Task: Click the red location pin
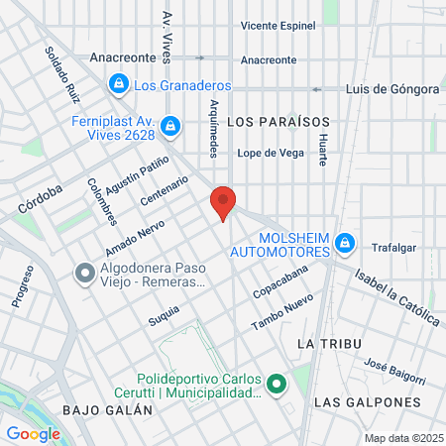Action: [224, 202]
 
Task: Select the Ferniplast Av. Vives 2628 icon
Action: [170, 126]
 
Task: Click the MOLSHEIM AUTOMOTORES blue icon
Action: [345, 241]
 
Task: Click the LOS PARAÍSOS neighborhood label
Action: [277, 121]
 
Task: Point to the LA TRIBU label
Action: [326, 342]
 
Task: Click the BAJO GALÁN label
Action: [97, 409]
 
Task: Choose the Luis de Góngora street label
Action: [391, 89]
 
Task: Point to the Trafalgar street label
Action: [394, 248]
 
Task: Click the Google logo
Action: [33, 433]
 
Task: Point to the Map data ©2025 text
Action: [401, 438]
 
